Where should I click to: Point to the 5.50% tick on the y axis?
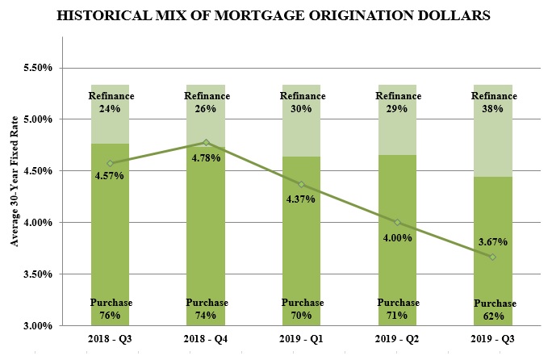[36, 69]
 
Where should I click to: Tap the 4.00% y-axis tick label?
[36, 223]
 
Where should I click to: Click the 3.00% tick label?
[36, 326]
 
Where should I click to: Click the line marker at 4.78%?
[206, 142]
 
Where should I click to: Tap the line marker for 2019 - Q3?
[492, 257]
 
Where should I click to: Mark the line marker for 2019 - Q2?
[397, 223]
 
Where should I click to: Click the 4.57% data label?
[108, 175]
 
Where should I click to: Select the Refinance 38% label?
[492, 103]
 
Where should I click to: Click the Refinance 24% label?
[111, 103]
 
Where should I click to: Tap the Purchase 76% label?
[111, 309]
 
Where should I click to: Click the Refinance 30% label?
[302, 103]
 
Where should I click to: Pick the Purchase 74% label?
[206, 309]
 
